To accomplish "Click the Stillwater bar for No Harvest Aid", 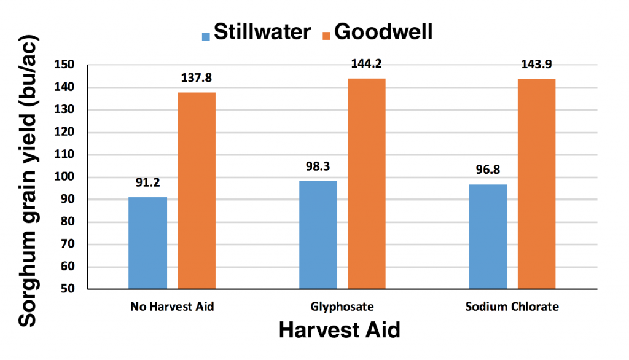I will [x=148, y=243].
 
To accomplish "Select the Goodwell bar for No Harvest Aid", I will [x=197, y=190].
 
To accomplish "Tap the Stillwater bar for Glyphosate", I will [x=318, y=235].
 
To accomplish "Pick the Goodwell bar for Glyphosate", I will [x=367, y=184].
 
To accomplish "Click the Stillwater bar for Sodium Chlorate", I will [x=488, y=237].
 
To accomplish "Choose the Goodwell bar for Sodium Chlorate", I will [x=537, y=184].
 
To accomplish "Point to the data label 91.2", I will [x=148, y=182].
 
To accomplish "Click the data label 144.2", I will [x=367, y=63].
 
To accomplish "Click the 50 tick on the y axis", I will [x=68, y=289].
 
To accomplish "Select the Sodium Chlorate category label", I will [x=512, y=307].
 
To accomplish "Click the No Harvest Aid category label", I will [x=172, y=307].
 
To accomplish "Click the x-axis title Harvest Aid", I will [x=339, y=331].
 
